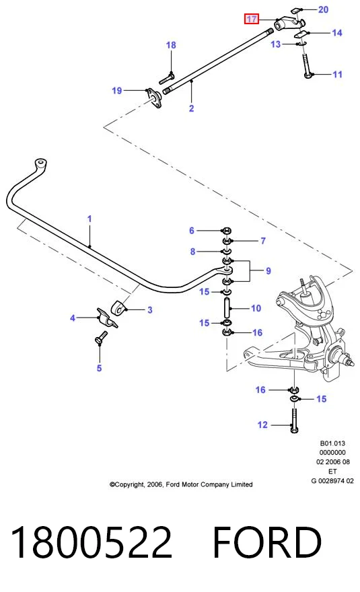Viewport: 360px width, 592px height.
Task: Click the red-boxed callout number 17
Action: (251, 19)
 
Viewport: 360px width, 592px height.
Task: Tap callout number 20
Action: (324, 9)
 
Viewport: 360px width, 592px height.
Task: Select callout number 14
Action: (336, 33)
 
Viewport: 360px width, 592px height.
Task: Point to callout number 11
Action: (337, 75)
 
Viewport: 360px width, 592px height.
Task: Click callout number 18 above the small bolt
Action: (171, 45)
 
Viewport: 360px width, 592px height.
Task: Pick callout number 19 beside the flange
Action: (116, 90)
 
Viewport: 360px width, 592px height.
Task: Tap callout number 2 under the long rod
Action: (192, 108)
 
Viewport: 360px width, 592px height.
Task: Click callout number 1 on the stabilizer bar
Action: (89, 219)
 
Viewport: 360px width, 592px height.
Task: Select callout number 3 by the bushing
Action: (150, 310)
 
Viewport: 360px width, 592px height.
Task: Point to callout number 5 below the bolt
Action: (99, 368)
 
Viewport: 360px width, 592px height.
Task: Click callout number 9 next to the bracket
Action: (268, 270)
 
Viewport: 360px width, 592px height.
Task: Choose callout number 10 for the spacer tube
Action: (256, 309)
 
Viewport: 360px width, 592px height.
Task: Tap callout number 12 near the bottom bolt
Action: (262, 424)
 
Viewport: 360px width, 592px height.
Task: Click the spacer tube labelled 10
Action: (227, 308)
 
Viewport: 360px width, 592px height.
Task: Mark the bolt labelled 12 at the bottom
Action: (294, 420)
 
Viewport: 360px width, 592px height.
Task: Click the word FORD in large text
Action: (267, 542)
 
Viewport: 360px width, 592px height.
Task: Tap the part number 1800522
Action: (92, 542)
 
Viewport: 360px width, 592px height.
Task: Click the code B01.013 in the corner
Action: (332, 443)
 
